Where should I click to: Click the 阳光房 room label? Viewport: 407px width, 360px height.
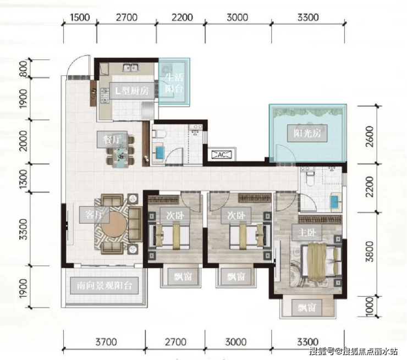coord(307,134)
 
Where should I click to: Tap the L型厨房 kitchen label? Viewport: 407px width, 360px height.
coord(132,91)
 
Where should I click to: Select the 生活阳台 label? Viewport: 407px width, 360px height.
coord(174,83)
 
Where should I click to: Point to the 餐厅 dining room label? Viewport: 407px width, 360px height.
coord(112,140)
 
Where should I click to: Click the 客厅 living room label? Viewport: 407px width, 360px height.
coord(95,215)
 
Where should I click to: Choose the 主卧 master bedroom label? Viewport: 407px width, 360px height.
coord(307,232)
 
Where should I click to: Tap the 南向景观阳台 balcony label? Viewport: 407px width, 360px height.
coord(104,286)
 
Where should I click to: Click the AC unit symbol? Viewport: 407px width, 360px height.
coord(222,155)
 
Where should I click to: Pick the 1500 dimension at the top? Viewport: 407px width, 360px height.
coord(80,18)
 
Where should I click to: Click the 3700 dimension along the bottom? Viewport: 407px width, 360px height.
coord(106,342)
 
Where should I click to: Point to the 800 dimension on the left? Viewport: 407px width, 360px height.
coord(23,69)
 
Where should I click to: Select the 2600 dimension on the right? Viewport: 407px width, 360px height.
coord(369,136)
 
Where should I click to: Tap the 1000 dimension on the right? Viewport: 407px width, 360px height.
coord(369,307)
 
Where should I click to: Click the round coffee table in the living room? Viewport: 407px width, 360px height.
coord(114,225)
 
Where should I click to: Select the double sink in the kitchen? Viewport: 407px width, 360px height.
coord(130,68)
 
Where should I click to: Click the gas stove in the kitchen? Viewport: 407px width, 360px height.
coord(105,95)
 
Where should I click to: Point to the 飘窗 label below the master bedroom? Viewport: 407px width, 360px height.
coord(307,308)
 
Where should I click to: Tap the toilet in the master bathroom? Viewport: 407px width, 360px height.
coord(310,179)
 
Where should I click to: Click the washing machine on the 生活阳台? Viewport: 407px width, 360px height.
coord(166,69)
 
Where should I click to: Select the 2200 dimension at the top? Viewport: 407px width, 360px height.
coord(182,18)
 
